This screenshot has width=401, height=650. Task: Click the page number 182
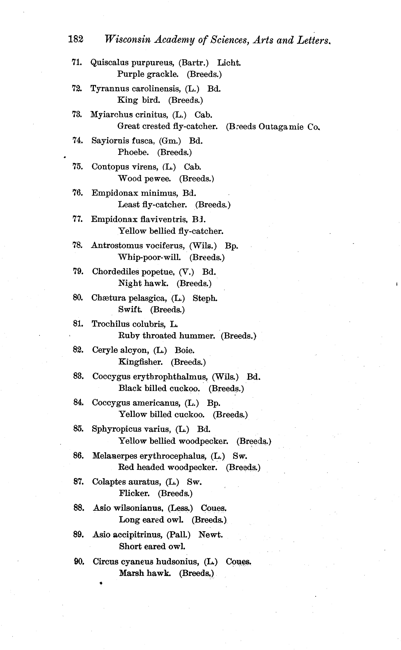point(76,39)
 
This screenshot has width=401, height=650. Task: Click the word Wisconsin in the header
point(127,40)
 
